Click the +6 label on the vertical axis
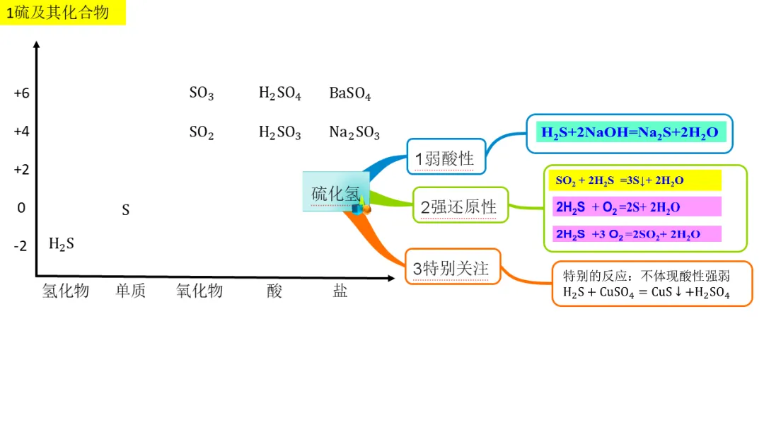(x=21, y=93)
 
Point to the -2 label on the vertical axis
(x=21, y=246)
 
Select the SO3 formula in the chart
(x=201, y=93)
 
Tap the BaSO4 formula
(x=349, y=93)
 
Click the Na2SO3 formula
(x=354, y=132)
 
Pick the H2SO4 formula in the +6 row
(x=279, y=93)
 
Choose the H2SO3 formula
(x=279, y=132)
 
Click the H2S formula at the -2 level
(x=61, y=244)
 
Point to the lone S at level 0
(x=126, y=210)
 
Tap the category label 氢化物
(x=65, y=291)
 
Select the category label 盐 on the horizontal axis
(x=340, y=291)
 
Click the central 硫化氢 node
(x=335, y=192)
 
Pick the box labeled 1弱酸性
(x=446, y=158)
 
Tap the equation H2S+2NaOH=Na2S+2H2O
(x=630, y=132)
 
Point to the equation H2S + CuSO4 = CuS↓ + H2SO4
(x=646, y=292)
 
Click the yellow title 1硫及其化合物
(x=62, y=13)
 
